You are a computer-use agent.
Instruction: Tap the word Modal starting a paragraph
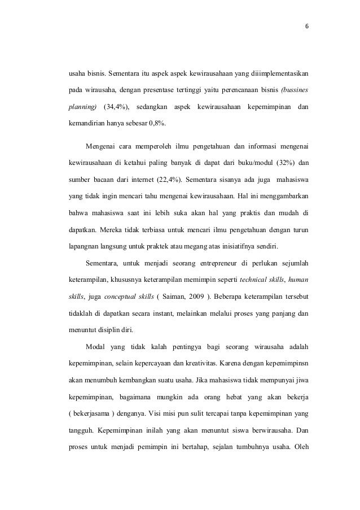tap(95, 346)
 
